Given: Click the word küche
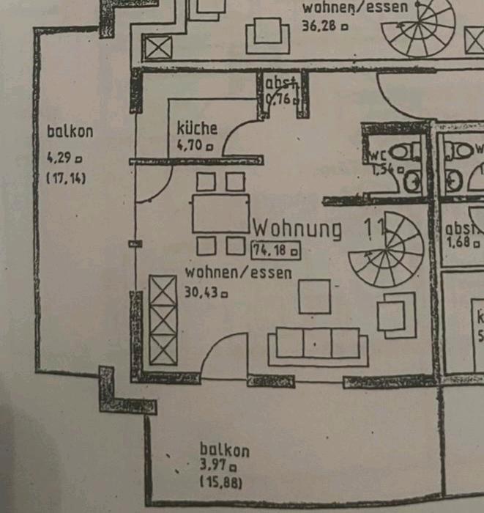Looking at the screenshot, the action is tap(197, 128).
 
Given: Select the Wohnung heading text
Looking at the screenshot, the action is tap(297, 229).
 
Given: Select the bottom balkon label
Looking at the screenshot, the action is tap(225, 450).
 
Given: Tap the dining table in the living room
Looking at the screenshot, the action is tap(220, 213).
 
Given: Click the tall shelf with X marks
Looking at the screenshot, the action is tap(163, 320).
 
